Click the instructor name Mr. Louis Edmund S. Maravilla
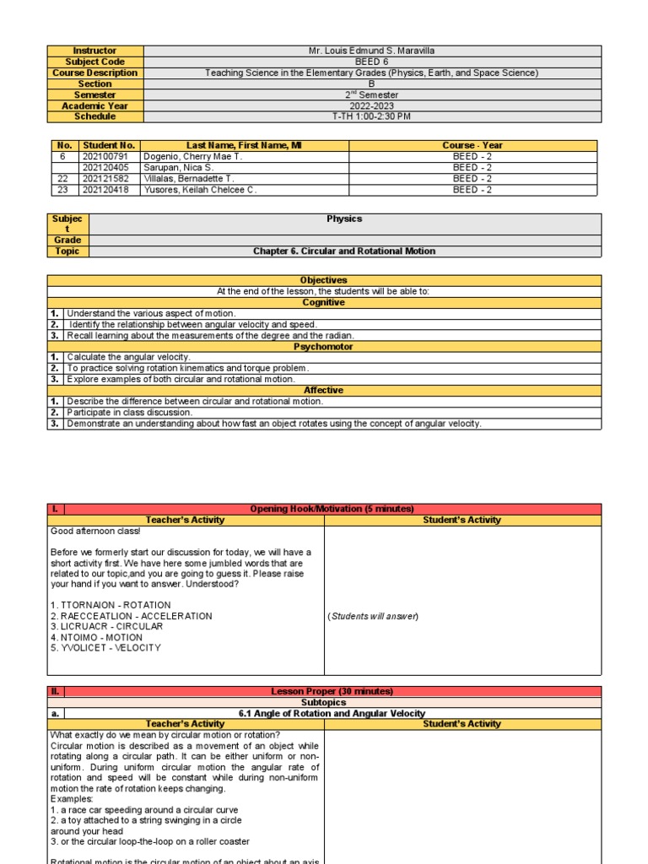tap(372, 51)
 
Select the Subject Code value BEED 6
tap(372, 62)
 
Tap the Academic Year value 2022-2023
tap(372, 105)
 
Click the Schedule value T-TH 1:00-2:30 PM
tap(372, 116)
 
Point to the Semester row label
tap(94, 94)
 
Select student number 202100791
tap(109, 156)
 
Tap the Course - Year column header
tap(472, 145)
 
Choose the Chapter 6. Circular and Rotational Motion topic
tap(344, 251)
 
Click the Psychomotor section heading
tap(324, 347)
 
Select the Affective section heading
tap(324, 391)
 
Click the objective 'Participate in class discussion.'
tap(130, 413)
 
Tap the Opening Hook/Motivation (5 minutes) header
tap(332, 509)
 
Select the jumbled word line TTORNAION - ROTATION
tap(111, 605)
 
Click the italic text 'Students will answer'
tap(372, 616)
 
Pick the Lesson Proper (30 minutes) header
tap(332, 691)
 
